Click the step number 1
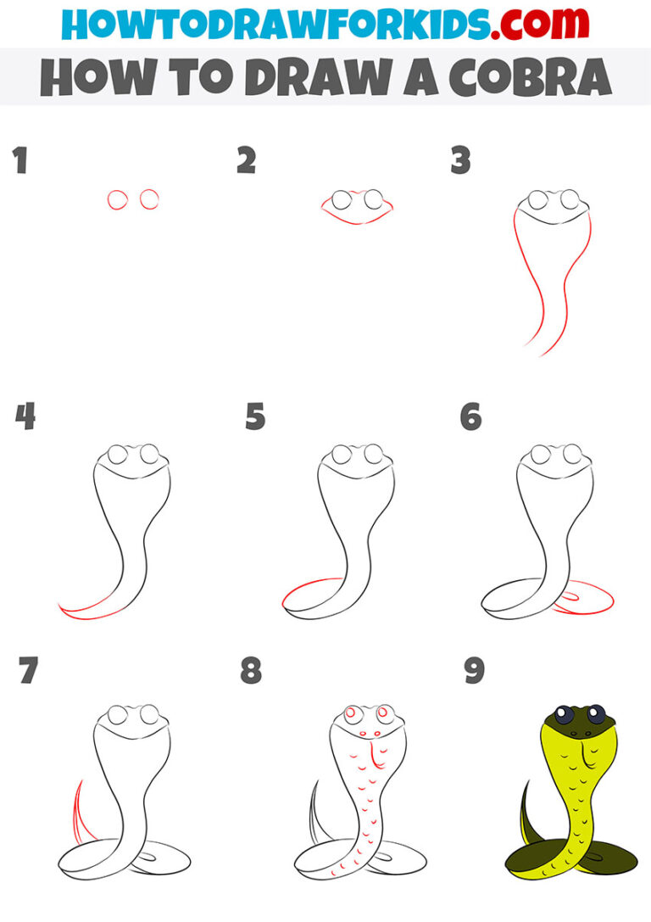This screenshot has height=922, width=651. coord(19,161)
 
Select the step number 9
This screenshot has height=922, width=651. coord(473,671)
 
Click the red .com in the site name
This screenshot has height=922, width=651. coord(520,24)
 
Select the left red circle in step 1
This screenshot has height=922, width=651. coord(118,199)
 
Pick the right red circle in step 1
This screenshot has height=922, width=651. coord(150,199)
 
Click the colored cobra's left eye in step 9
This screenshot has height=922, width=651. coord(564,714)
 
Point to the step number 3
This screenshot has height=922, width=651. coord(460,161)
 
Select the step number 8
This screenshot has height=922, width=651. coord(251,671)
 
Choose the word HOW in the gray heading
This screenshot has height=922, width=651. coord(85,77)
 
